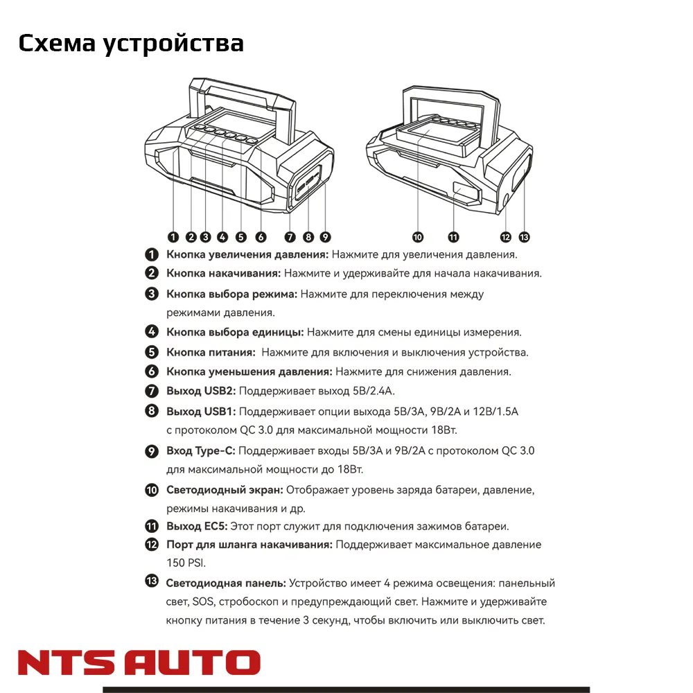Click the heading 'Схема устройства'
coord(131,43)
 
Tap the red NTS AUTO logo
coord(139,663)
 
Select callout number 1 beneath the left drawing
coord(173,237)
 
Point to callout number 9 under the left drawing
coord(325,237)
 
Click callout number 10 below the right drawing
coord(418,237)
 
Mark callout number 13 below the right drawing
coord(524,237)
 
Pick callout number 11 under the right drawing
coord(454,237)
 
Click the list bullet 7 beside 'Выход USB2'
coord(152,392)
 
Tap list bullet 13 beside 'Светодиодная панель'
coord(152,581)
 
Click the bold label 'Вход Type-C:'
coord(201,451)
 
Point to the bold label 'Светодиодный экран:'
coord(225,490)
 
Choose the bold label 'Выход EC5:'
coord(196,527)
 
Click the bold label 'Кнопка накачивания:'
coord(223,274)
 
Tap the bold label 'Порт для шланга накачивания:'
coord(249,545)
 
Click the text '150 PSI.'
coord(186,563)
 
